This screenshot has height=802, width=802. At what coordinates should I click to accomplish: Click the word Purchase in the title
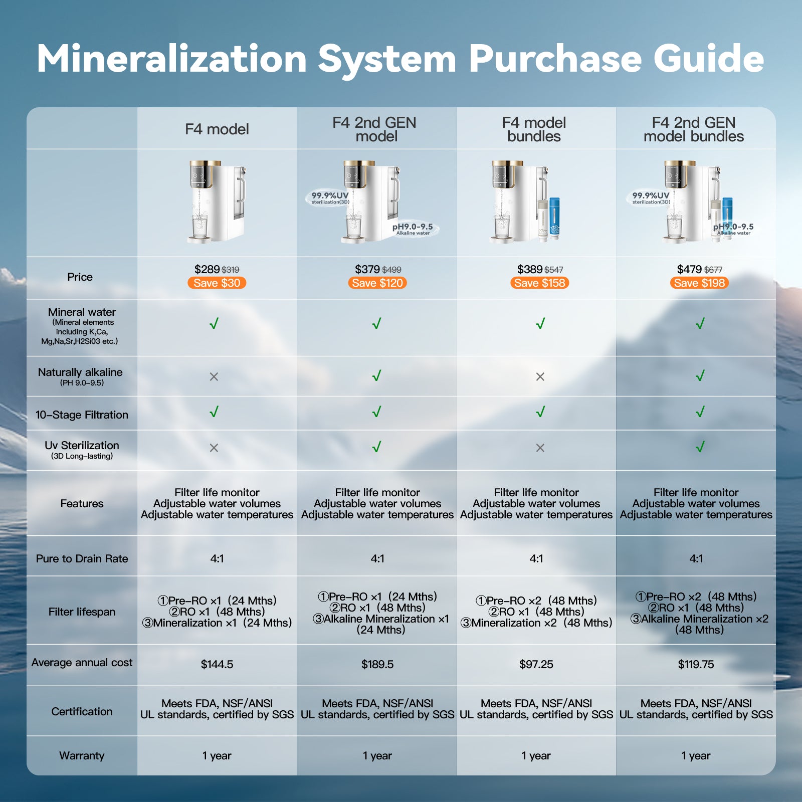pyautogui.click(x=555, y=59)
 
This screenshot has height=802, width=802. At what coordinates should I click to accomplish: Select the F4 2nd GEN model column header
pyautogui.click(x=376, y=129)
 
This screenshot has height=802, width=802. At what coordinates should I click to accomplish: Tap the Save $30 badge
pyautogui.click(x=217, y=283)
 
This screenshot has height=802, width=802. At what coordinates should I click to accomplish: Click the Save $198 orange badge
pyautogui.click(x=699, y=283)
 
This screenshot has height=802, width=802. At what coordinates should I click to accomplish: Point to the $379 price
pyautogui.click(x=367, y=270)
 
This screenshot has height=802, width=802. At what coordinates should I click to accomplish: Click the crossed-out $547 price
pyautogui.click(x=553, y=270)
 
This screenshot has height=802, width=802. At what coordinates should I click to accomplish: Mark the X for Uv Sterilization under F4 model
pyautogui.click(x=214, y=448)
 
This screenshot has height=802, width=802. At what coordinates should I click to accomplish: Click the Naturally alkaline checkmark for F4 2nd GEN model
pyautogui.click(x=377, y=375)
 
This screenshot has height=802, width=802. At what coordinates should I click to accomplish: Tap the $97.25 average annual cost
pyautogui.click(x=536, y=664)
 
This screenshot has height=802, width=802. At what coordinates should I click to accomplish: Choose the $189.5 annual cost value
pyautogui.click(x=377, y=664)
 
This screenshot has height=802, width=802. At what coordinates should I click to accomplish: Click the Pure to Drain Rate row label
pyautogui.click(x=82, y=558)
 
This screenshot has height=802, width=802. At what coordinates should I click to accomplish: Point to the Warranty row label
pyautogui.click(x=82, y=755)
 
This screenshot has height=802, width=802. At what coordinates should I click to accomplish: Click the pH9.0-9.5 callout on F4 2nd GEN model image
pyautogui.click(x=413, y=229)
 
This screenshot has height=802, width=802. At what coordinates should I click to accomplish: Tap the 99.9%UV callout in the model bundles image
pyautogui.click(x=651, y=197)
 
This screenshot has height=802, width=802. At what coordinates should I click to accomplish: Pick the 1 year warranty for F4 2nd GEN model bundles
pyautogui.click(x=695, y=755)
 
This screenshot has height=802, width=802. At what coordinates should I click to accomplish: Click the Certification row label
pyautogui.click(x=82, y=711)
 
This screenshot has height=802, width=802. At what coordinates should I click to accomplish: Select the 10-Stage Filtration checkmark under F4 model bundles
pyautogui.click(x=540, y=412)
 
